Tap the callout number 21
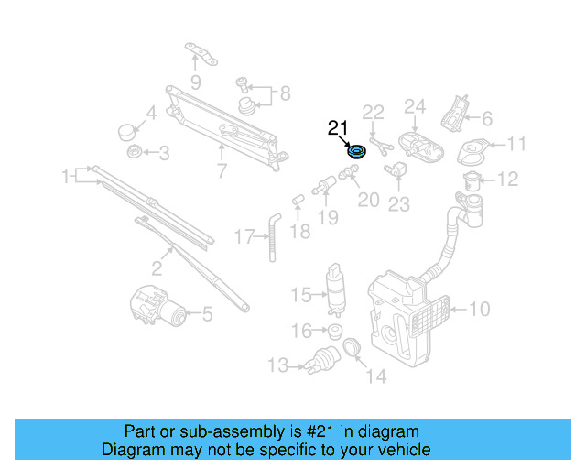point(338,129)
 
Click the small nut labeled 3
point(134,152)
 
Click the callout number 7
point(222,170)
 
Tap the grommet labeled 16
point(335,331)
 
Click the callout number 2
point(157,268)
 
